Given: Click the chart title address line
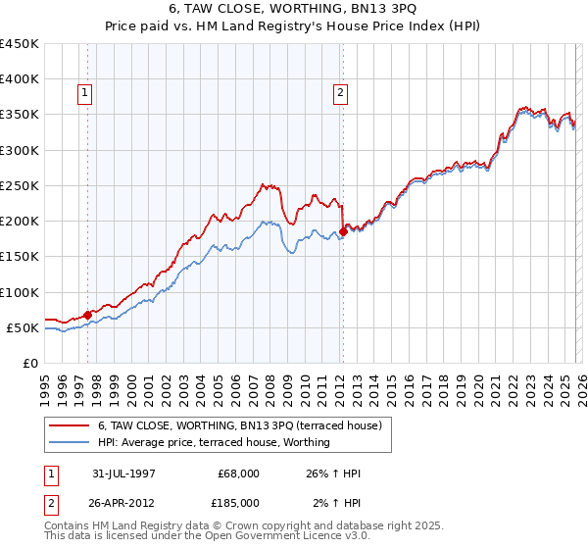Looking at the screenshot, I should (x=294, y=8).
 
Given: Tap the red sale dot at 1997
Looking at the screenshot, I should (x=88, y=315).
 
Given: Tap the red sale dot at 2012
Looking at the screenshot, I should (x=343, y=231).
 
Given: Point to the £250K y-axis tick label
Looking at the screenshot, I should (x=20, y=185).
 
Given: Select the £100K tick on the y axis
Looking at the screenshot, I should (x=20, y=292).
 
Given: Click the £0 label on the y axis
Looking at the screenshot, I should (x=31, y=363).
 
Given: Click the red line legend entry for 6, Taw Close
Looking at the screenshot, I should (x=245, y=425).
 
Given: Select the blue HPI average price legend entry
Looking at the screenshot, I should (x=213, y=442).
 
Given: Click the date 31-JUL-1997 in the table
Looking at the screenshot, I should (x=124, y=474).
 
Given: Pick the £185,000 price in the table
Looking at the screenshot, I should (x=238, y=503).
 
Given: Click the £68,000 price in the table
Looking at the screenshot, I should (x=238, y=474).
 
